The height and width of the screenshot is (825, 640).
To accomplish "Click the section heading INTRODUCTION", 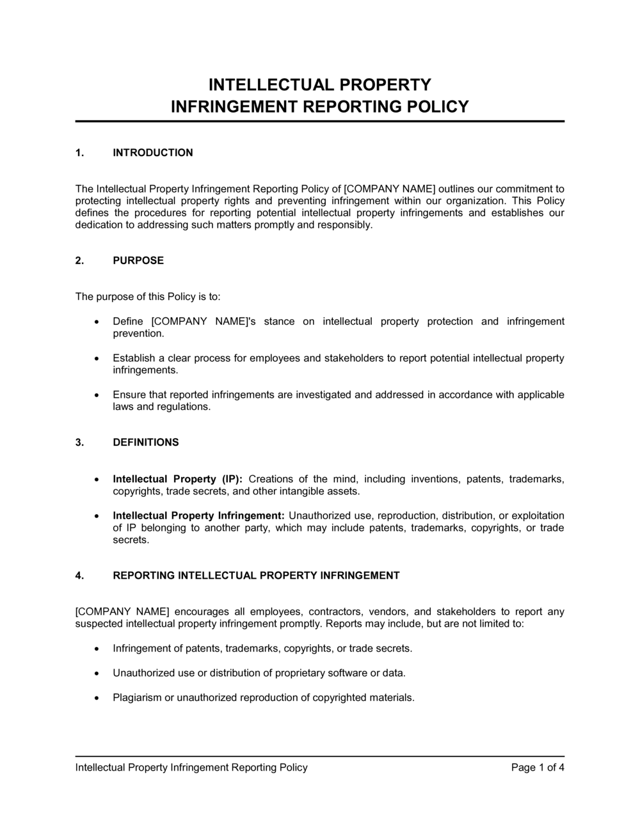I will click(x=152, y=153).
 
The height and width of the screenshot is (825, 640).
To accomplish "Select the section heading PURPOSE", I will click(x=138, y=261).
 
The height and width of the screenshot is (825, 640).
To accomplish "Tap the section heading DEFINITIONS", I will click(x=146, y=443).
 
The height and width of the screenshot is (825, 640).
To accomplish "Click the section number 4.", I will click(x=79, y=576).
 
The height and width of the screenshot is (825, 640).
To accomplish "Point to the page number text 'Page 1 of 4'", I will click(x=538, y=767).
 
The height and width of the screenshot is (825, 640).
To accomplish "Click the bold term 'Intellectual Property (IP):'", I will click(x=177, y=479).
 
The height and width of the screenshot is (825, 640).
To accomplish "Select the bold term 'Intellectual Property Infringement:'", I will click(x=198, y=515).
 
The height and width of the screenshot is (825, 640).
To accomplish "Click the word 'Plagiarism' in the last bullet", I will click(x=137, y=698).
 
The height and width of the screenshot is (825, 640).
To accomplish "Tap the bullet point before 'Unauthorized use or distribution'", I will click(x=97, y=673).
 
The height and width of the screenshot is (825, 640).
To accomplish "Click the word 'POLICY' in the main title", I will click(x=438, y=107).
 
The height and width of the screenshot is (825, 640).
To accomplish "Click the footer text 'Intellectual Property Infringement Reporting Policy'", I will click(x=191, y=767).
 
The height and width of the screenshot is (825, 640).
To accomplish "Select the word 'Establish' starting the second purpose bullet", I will click(x=132, y=358).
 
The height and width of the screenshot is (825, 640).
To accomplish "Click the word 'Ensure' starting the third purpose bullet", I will click(x=129, y=395).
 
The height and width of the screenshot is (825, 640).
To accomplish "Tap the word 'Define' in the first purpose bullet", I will click(x=127, y=322).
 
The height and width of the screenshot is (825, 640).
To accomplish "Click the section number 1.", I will click(x=79, y=153).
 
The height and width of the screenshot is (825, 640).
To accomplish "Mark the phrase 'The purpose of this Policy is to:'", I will click(x=148, y=297).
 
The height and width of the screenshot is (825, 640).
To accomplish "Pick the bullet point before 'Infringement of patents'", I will click(x=97, y=648).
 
